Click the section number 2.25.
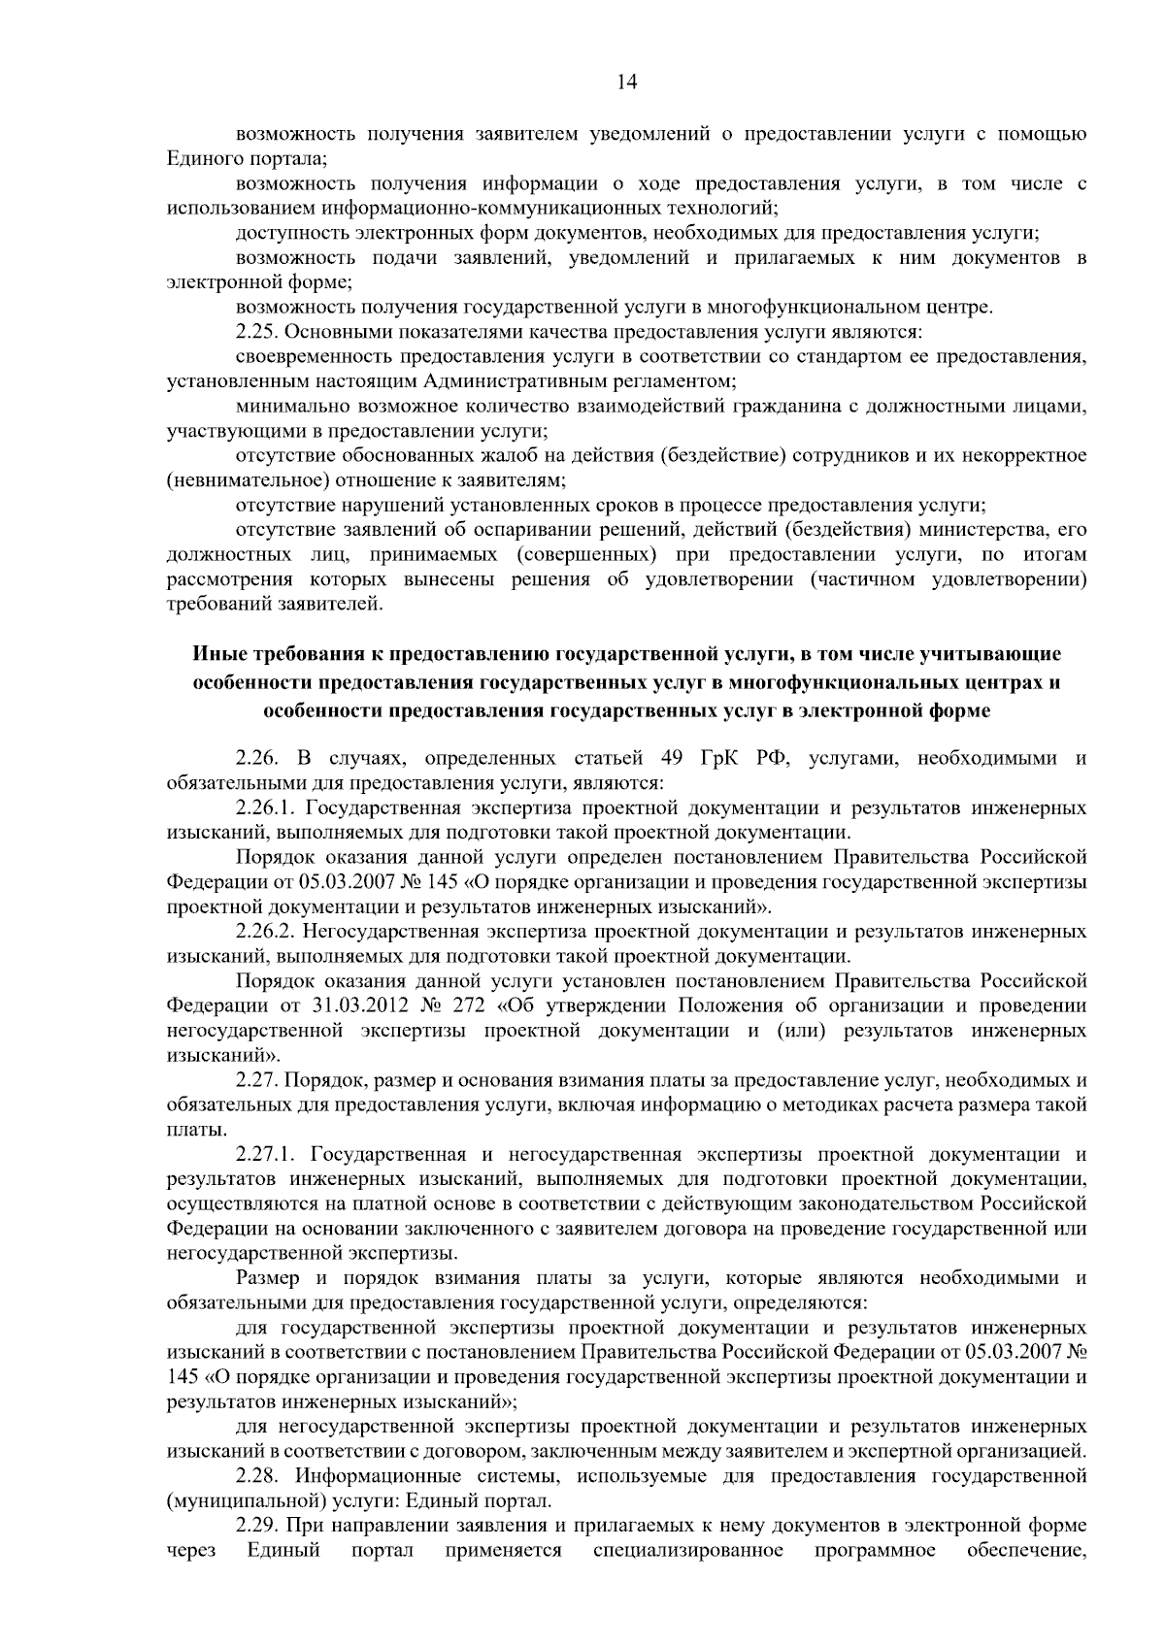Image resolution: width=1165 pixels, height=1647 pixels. (257, 333)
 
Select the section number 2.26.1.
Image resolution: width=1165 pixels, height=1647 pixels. (267, 808)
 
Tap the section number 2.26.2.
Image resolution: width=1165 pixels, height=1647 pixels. (267, 933)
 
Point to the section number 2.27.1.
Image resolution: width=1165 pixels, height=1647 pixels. (267, 1155)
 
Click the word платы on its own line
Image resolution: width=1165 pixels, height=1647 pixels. (184, 1130)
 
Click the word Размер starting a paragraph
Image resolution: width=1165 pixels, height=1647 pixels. (262, 1278)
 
